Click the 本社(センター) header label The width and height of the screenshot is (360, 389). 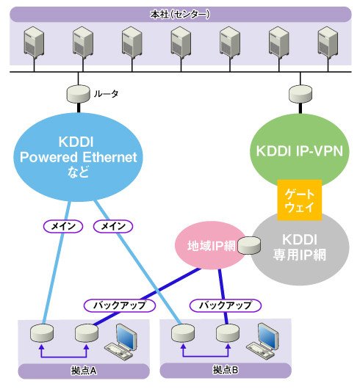coord(180,14)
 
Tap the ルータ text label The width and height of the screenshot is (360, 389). coord(106,94)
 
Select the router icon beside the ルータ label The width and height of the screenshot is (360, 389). coord(79,94)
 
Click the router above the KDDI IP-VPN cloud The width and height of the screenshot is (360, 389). coord(300,94)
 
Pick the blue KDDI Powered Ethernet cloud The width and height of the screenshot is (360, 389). coord(79,157)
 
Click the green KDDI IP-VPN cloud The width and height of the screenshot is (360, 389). coord(300,150)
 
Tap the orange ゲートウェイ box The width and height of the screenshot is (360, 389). coord(300,200)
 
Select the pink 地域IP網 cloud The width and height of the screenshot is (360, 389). coord(211,245)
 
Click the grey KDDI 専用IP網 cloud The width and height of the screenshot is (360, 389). coord(300,248)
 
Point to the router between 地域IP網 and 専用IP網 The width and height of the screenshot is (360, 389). coord(249,246)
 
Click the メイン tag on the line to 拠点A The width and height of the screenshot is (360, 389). coord(63,226)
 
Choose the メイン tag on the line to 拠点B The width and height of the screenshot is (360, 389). coord(113,226)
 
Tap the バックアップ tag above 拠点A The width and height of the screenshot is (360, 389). coord(120,305)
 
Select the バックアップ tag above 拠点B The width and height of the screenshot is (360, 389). coord(226,305)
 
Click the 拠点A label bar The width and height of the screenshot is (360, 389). coord(84,371)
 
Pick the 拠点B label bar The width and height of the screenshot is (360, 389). coord(226,370)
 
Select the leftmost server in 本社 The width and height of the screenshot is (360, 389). coord(34,43)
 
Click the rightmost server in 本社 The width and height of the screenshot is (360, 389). coord(328,43)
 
